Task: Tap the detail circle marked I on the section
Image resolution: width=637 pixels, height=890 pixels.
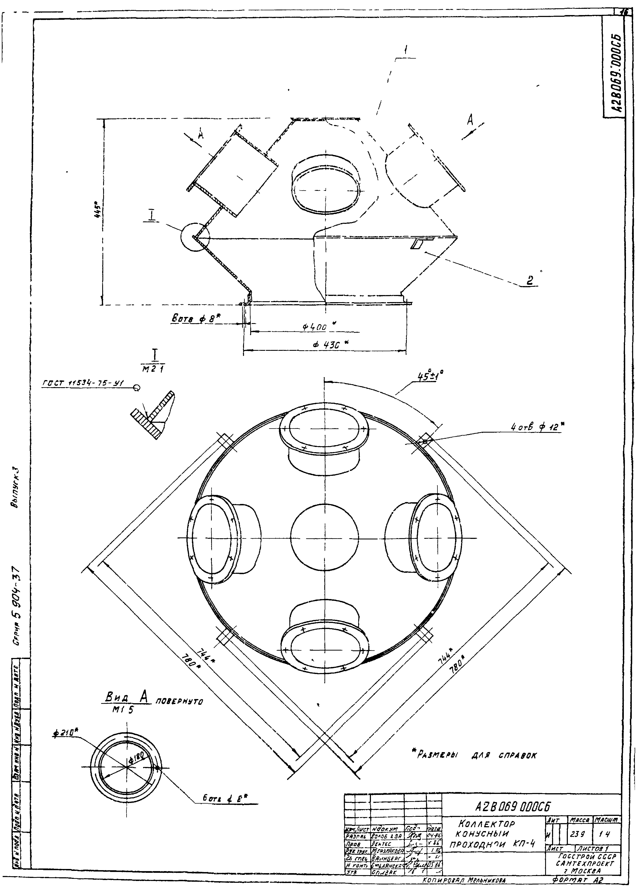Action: click(x=195, y=237)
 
